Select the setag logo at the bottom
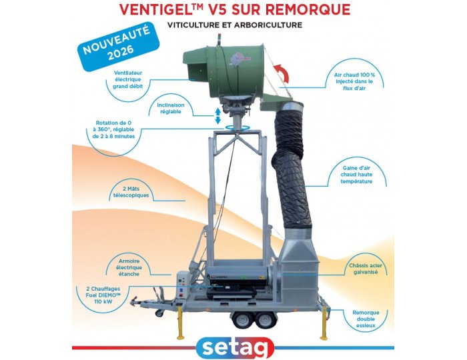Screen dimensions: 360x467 (233, 346)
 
